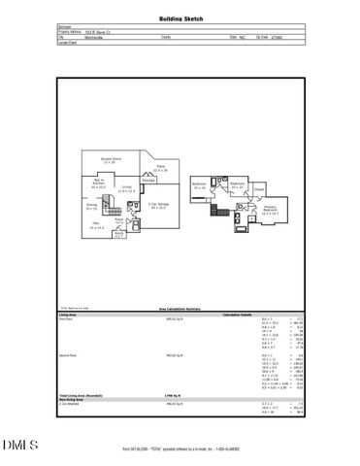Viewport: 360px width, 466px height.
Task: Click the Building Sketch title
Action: pyautogui.click(x=180, y=18)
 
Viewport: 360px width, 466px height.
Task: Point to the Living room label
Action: pyautogui.click(x=125, y=189)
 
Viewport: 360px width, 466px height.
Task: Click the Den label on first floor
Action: pyautogui.click(x=97, y=225)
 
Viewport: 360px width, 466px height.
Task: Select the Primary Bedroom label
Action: pyautogui.click(x=271, y=208)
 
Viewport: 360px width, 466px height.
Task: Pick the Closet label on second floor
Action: pyautogui.click(x=259, y=190)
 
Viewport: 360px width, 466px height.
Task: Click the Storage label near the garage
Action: pyautogui.click(x=148, y=181)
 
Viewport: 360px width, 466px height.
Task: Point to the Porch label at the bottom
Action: pyautogui.click(x=118, y=233)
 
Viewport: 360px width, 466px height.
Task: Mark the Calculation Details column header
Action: pyautogui.click(x=238, y=314)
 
